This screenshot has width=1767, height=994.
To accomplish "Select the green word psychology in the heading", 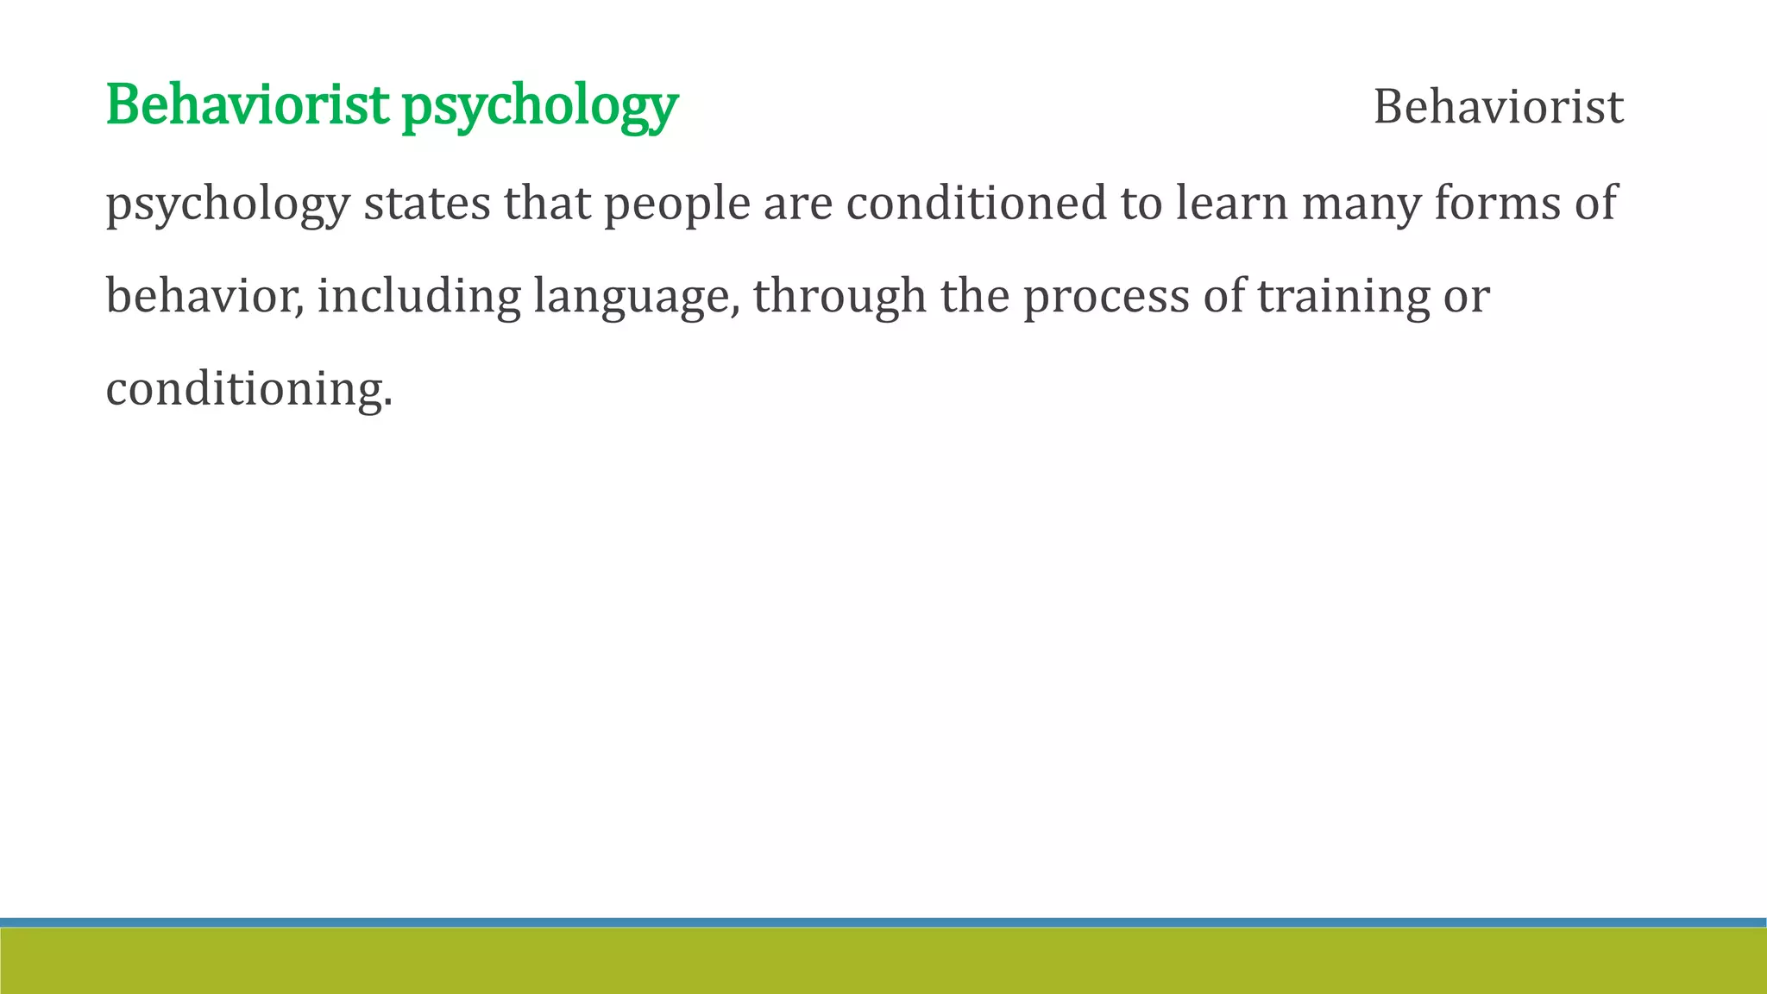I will pyautogui.click(x=540, y=107).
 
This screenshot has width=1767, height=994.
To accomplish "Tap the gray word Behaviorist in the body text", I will pyautogui.click(x=1498, y=107).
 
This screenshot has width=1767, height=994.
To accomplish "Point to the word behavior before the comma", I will pyautogui.click(x=203, y=296).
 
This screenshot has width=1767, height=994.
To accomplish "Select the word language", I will pyautogui.click(x=635, y=298).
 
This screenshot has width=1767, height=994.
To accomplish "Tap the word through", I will pyautogui.click(x=839, y=298).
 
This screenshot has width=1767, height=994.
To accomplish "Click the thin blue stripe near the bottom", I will pyautogui.click(x=883, y=922).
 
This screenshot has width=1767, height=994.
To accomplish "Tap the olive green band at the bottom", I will pyautogui.click(x=883, y=961).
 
